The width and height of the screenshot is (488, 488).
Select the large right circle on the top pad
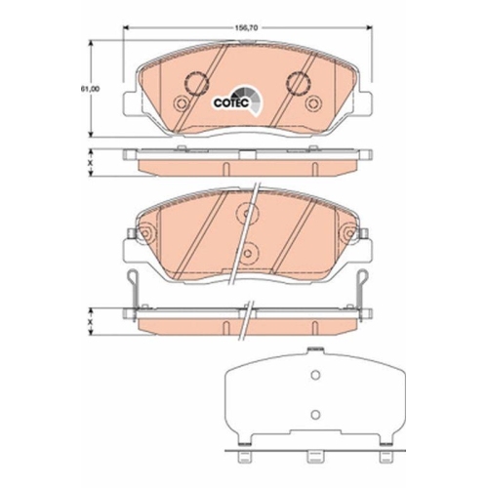pyautogui.click(x=296, y=83)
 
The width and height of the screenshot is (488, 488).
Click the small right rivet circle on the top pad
pyautogui.click(x=315, y=106)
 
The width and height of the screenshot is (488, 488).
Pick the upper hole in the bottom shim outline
pyautogui.click(x=314, y=379)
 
